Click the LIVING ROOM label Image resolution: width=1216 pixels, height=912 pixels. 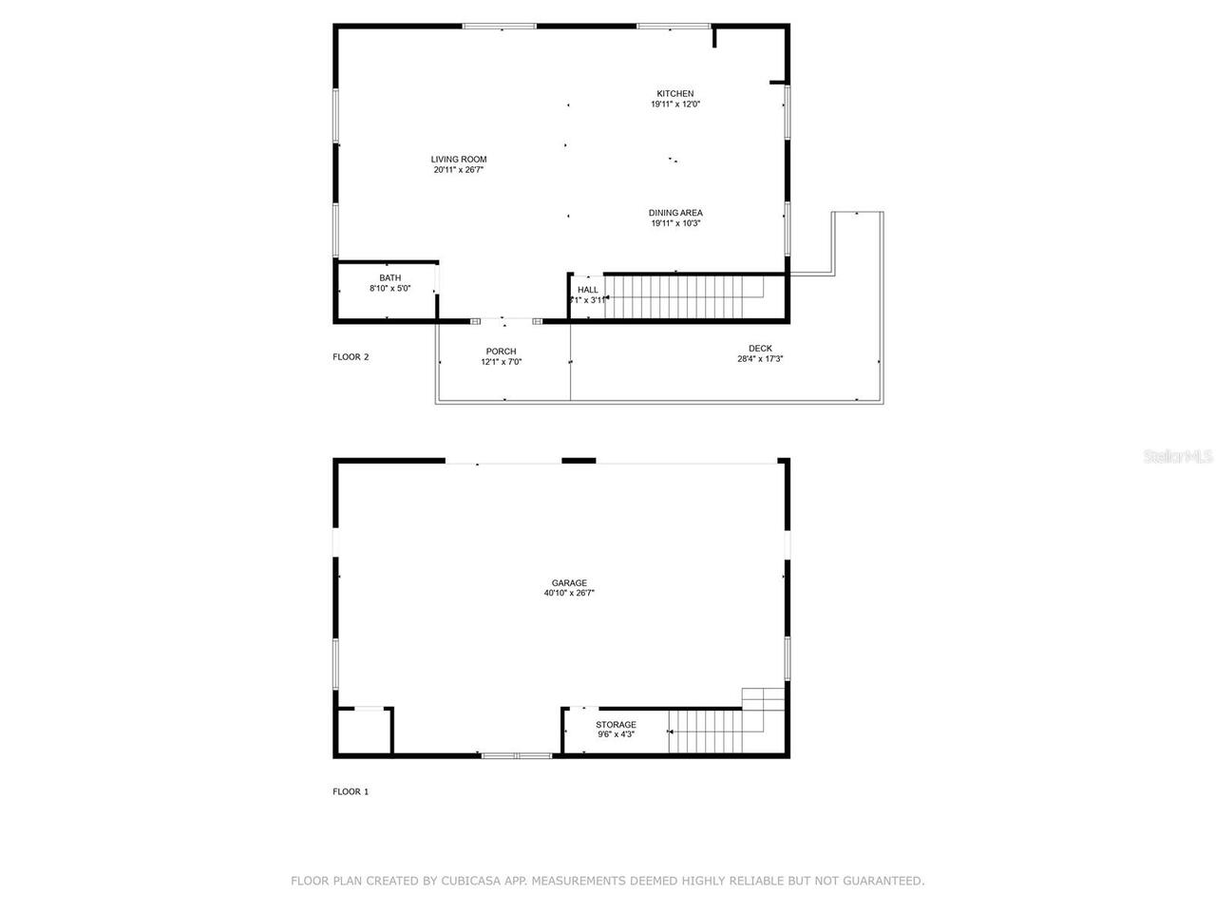pyautogui.click(x=459, y=160)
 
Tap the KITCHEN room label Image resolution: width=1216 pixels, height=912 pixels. pyautogui.click(x=675, y=94)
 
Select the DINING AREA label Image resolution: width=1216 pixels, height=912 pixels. pyautogui.click(x=675, y=213)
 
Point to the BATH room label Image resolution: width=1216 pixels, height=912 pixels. pyautogui.click(x=389, y=278)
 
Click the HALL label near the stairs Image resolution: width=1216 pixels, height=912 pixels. pyautogui.click(x=588, y=290)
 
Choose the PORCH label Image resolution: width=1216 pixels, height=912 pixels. pyautogui.click(x=501, y=351)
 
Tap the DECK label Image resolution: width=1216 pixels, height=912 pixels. pyautogui.click(x=760, y=349)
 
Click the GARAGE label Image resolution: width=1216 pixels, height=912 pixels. pyautogui.click(x=569, y=583)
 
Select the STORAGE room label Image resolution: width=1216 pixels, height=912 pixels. pyautogui.click(x=616, y=725)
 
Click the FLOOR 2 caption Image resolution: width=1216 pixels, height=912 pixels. pyautogui.click(x=351, y=357)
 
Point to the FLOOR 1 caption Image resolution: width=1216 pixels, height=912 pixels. pyautogui.click(x=351, y=791)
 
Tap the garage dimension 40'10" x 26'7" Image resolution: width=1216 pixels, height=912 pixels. pyautogui.click(x=569, y=594)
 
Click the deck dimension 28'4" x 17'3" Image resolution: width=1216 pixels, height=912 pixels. pyautogui.click(x=760, y=359)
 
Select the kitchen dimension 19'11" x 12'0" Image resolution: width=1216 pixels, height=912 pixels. pyautogui.click(x=675, y=104)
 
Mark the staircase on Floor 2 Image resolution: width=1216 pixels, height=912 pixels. pyautogui.click(x=687, y=296)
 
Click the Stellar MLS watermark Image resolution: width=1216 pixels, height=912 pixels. pyautogui.click(x=1178, y=457)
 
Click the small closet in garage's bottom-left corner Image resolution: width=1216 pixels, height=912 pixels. pyautogui.click(x=362, y=731)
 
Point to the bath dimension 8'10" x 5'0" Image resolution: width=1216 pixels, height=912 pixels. pyautogui.click(x=389, y=289)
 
